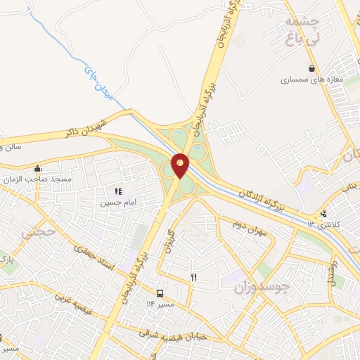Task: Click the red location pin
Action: click(180, 165)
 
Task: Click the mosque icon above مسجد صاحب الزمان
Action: click(37, 169)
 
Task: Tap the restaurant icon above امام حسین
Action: click(118, 191)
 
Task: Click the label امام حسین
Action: click(116, 202)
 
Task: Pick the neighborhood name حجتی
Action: click(35, 231)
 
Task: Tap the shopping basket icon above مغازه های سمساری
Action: click(311, 68)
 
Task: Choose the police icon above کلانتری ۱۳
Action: click(323, 214)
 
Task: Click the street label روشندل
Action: click(334, 271)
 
